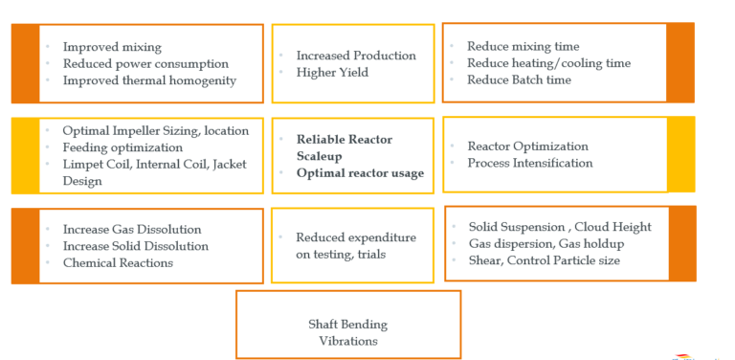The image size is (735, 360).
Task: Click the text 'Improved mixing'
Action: pyautogui.click(x=112, y=47)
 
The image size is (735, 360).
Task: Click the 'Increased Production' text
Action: pyautogui.click(x=356, y=56)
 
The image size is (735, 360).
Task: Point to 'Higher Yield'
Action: pyautogui.click(x=331, y=72)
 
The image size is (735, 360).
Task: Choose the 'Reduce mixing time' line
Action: pyautogui.click(x=523, y=46)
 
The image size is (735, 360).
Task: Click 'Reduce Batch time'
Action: pyautogui.click(x=519, y=79)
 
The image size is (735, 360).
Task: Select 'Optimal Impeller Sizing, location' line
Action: pyautogui.click(x=155, y=130)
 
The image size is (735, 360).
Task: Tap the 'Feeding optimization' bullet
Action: pyautogui.click(x=122, y=147)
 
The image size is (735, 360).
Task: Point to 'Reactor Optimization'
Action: pyautogui.click(x=527, y=146)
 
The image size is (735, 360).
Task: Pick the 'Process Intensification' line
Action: pyautogui.click(x=529, y=163)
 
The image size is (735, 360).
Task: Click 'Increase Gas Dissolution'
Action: pyautogui.click(x=132, y=230)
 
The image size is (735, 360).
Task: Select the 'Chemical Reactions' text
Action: pyautogui.click(x=118, y=262)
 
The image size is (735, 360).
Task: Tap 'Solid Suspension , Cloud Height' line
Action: pyautogui.click(x=560, y=227)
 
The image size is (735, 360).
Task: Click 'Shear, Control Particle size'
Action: pyautogui.click(x=544, y=259)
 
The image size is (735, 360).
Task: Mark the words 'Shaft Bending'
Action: pyautogui.click(x=347, y=324)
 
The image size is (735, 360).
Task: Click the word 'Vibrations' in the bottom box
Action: pyautogui.click(x=347, y=340)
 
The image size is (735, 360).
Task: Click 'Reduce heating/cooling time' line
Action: pyautogui.click(x=548, y=63)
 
